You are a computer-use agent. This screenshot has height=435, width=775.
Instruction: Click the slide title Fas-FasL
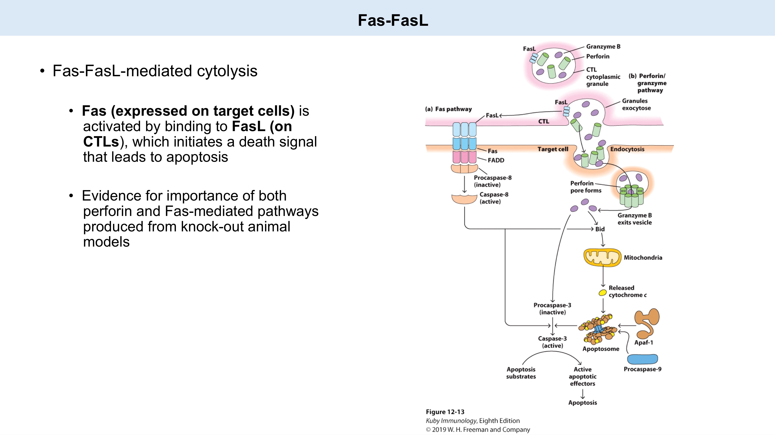(x=393, y=20)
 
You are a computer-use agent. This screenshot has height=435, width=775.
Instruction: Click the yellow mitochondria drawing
(x=602, y=257)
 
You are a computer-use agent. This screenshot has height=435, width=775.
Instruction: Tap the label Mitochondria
(x=643, y=258)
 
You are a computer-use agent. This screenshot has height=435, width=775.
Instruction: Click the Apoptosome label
(x=601, y=349)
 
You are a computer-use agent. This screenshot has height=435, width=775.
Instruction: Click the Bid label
(x=600, y=229)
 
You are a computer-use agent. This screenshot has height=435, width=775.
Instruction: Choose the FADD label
(x=496, y=160)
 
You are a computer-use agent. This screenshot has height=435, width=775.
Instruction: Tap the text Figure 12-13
(x=445, y=412)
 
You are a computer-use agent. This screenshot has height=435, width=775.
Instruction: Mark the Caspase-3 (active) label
(x=552, y=342)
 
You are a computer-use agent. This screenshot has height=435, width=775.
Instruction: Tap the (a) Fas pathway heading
(x=448, y=109)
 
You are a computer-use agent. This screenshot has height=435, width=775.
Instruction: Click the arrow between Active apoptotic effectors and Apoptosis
(x=583, y=393)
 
